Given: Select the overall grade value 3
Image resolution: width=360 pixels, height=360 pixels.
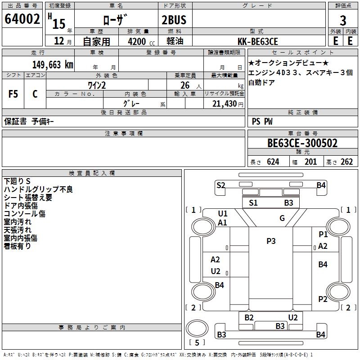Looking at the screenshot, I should point(343,20).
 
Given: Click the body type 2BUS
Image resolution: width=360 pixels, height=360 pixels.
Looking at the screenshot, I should point(174,20).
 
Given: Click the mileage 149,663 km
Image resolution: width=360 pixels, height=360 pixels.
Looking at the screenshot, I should point(53,64).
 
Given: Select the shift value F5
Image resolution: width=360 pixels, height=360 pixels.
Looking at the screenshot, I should point(13,94).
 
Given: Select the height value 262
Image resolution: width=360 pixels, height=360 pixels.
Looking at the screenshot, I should point(346,162).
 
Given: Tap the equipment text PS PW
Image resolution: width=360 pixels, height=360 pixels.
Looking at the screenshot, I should point(262,121).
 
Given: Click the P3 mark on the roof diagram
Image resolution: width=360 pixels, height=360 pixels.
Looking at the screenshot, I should point(271,241).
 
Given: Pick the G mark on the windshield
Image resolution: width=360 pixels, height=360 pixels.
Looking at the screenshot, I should point(282,218).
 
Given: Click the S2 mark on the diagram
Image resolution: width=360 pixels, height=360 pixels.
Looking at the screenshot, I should point(220,185).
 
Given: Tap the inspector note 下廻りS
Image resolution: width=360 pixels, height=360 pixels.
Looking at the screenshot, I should point(17,181).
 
